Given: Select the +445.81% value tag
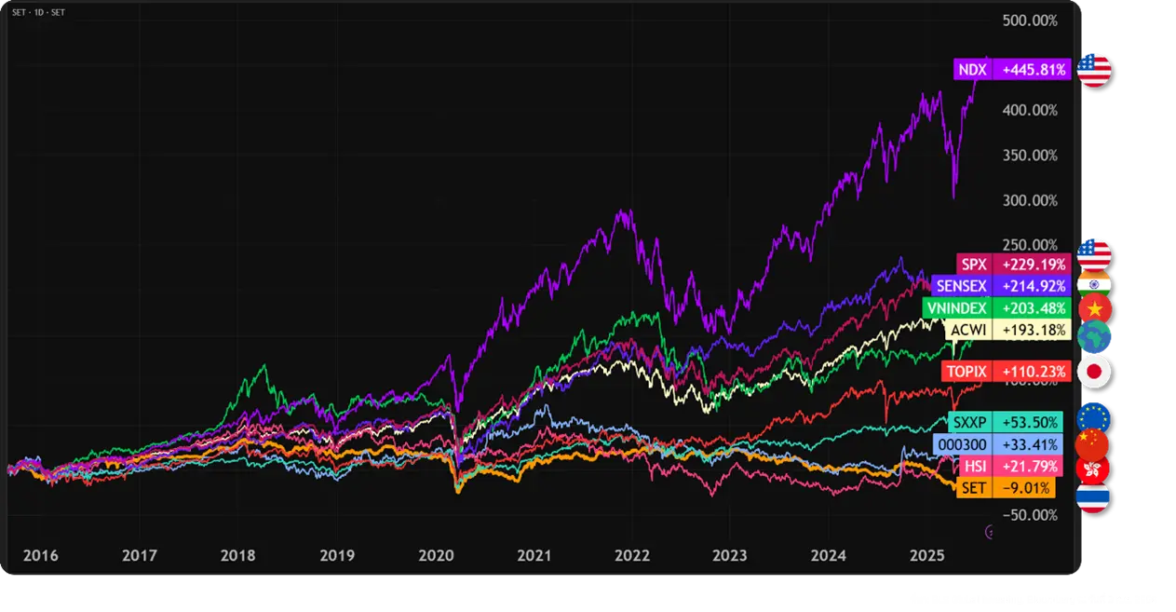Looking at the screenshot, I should (1034, 69).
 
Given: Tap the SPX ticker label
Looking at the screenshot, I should (973, 264).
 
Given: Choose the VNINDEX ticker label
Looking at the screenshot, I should (955, 307).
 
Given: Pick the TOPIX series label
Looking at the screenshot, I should (966, 371).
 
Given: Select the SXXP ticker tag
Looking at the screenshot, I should (969, 422).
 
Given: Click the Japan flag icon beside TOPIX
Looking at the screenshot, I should (1093, 371).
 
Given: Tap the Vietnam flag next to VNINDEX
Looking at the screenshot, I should (1093, 307).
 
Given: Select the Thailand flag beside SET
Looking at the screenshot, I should (1092, 497).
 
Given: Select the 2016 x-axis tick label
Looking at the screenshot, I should (40, 555).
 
